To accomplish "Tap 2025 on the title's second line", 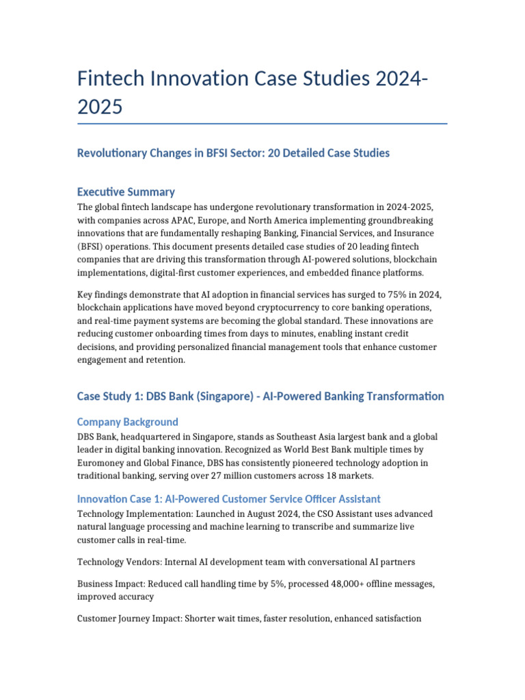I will (x=100, y=107).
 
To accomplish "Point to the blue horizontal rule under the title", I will (x=262, y=124).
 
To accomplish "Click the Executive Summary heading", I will (x=126, y=191).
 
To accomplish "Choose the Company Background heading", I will (x=128, y=422).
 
